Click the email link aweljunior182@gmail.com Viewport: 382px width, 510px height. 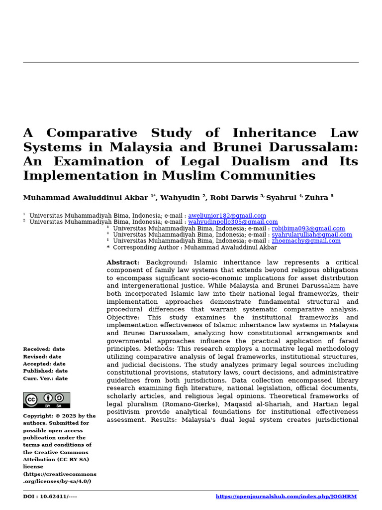click(227, 216)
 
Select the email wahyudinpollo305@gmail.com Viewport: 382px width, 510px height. click(233, 222)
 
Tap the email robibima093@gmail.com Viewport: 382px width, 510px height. click(308, 229)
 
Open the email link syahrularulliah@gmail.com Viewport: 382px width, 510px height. click(311, 235)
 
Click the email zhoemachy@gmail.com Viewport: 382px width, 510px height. click(306, 241)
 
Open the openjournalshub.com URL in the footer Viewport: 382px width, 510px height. click(286, 497)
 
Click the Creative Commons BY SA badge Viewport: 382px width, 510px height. click(46, 400)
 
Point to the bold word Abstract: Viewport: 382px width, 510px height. click(123, 262)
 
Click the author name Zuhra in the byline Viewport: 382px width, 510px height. click(316, 198)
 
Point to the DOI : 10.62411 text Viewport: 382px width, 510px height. click(50, 497)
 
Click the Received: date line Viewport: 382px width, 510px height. click(44, 349)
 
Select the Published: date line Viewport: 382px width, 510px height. click(45, 371)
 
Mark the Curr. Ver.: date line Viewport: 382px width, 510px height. click(45, 379)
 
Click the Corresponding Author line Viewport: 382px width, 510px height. click(194, 248)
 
